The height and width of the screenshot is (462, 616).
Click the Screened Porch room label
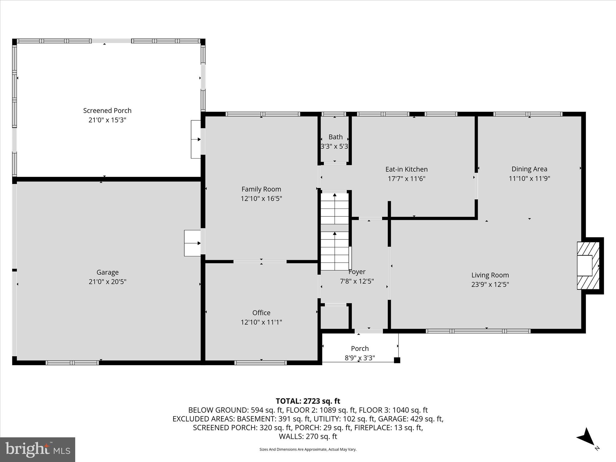click(107, 110)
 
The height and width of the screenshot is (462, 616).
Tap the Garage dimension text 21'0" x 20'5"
click(107, 282)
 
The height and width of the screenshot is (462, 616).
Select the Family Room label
click(261, 189)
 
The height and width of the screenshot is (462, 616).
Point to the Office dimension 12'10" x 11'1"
click(261, 322)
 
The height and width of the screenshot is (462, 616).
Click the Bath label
click(335, 137)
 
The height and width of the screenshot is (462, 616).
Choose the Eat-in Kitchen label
click(406, 169)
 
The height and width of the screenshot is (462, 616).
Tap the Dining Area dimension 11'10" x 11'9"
click(529, 179)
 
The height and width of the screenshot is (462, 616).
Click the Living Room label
click(490, 275)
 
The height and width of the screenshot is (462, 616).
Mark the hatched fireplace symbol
click(588, 266)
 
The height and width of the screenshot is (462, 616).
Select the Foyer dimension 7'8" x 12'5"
click(357, 281)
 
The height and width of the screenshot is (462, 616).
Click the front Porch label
click(360, 348)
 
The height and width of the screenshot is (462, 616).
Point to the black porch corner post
click(397, 360)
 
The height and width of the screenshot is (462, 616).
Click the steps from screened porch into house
click(196, 139)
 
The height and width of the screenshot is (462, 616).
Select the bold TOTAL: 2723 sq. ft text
click(308, 401)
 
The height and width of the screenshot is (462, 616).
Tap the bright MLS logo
click(38, 449)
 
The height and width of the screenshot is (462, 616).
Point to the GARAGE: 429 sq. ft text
click(410, 419)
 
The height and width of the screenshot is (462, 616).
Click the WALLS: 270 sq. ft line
click(308, 436)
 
